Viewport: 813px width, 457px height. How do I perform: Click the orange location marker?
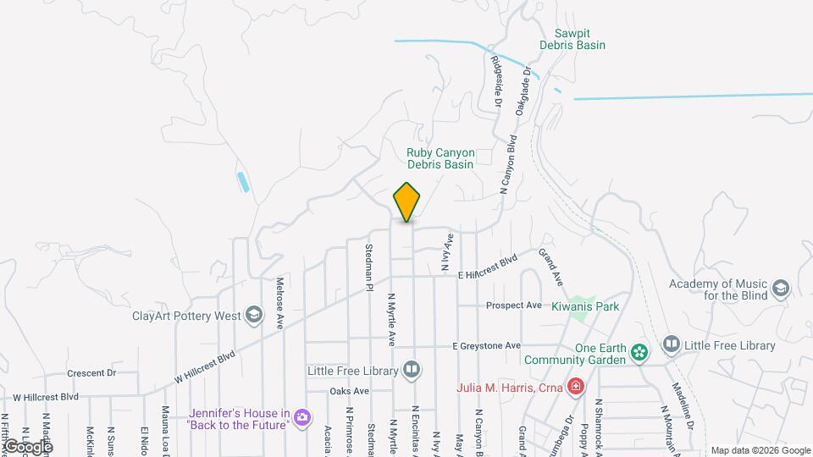point(407,202)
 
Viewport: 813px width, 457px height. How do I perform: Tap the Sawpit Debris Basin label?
point(573,38)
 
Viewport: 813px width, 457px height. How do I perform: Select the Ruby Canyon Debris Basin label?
point(440,158)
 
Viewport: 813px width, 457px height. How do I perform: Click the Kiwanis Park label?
point(586,305)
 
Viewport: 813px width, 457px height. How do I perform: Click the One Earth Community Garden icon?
point(640,351)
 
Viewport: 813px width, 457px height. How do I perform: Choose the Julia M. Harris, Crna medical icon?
point(576,388)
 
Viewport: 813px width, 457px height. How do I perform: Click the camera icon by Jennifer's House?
point(302,416)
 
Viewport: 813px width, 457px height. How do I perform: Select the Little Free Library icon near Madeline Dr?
point(671,344)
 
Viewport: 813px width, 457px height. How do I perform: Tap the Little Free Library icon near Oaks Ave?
point(411,371)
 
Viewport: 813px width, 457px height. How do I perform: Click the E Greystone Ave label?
point(486,346)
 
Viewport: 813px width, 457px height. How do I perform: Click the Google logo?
point(28,446)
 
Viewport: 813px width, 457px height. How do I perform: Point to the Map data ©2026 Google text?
point(760,450)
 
